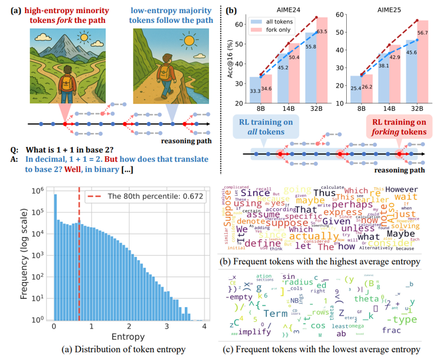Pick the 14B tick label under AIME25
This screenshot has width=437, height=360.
386,109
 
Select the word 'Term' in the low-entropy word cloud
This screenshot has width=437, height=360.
276,314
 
